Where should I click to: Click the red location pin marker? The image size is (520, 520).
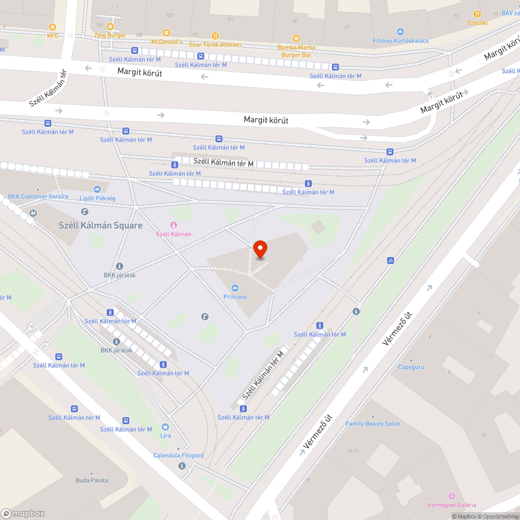pyautogui.click(x=259, y=249)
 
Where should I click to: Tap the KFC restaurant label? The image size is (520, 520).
pyautogui.click(x=53, y=35)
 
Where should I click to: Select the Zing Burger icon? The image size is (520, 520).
pyautogui.click(x=110, y=27)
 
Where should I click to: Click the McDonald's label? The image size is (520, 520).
pyautogui.click(x=166, y=41)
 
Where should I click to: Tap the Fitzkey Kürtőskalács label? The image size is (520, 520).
pyautogui.click(x=400, y=41)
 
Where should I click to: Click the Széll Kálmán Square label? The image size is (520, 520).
pyautogui.click(x=100, y=226)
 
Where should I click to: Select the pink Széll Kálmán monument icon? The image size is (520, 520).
pyautogui.click(x=174, y=225)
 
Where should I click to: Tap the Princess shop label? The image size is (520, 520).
pyautogui.click(x=235, y=296)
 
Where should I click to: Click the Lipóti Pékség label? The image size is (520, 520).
pyautogui.click(x=97, y=198)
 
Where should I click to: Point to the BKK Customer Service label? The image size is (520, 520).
pyautogui.click(x=38, y=197)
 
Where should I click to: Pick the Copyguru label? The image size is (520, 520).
pyautogui.click(x=411, y=367)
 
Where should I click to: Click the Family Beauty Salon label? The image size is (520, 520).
pyautogui.click(x=373, y=424)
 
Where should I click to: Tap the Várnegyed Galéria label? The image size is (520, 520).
pyautogui.click(x=451, y=505)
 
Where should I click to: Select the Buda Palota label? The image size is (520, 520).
pyautogui.click(x=92, y=480)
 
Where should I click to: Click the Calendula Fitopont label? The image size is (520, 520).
pyautogui.click(x=178, y=456)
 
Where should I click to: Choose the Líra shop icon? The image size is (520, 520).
pyautogui.click(x=165, y=427)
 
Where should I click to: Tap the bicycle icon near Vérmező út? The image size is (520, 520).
pyautogui.click(x=390, y=260)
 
